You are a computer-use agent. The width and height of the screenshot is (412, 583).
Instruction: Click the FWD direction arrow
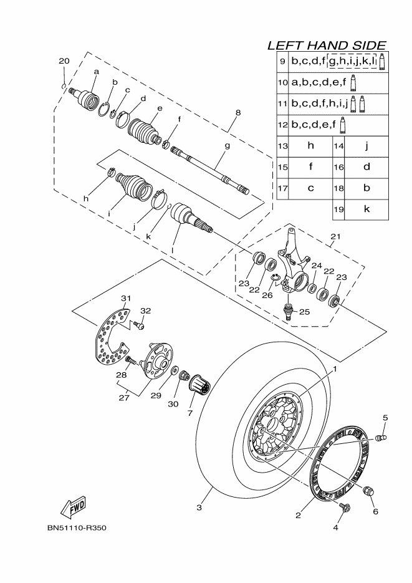[x=73, y=506]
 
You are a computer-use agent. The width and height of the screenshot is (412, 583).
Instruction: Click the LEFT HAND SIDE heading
[x=326, y=45]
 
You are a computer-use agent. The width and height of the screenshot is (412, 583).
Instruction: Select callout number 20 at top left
[x=63, y=60]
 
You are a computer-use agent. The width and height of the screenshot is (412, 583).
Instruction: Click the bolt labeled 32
[x=140, y=325]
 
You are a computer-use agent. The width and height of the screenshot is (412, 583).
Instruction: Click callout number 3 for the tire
[x=199, y=508]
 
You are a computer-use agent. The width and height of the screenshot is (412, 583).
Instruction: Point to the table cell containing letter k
[x=366, y=210]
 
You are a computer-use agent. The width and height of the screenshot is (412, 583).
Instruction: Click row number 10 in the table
[x=282, y=82]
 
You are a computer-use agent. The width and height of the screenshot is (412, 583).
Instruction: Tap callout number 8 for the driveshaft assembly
[x=237, y=113]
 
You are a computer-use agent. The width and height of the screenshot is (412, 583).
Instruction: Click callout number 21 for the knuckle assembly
[x=336, y=237]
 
